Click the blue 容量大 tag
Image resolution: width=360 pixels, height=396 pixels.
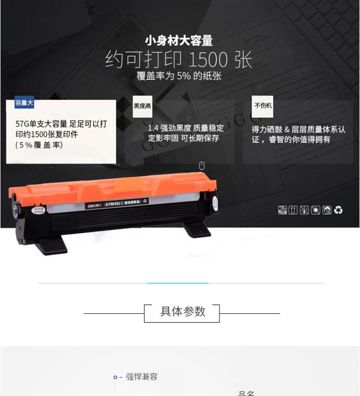click(24, 103)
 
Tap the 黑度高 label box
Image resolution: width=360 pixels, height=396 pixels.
click(142, 106)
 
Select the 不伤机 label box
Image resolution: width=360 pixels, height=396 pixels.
click(263, 106)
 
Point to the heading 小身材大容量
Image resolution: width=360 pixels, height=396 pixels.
click(179, 41)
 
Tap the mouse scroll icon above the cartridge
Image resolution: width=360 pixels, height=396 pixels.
click(202, 165)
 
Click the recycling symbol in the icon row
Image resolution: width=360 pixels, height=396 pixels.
click(339, 210)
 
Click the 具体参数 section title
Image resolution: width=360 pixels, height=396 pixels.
click(182, 311)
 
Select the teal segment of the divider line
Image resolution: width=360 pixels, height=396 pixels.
click(178, 283)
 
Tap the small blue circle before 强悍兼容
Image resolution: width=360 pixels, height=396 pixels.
click(115, 377)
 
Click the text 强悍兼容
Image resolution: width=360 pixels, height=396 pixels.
click(142, 377)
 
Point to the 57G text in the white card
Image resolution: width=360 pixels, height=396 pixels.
click(22, 124)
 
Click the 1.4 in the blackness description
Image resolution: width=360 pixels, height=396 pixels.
click(153, 128)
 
